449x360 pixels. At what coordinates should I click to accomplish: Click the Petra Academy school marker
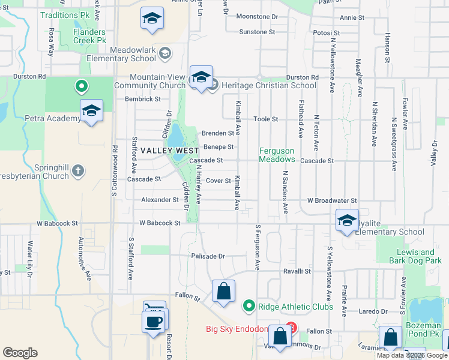click(x=91, y=112)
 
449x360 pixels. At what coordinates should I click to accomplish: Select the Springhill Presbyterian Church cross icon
click(x=77, y=172)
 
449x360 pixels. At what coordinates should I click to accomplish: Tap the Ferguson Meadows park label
click(x=277, y=155)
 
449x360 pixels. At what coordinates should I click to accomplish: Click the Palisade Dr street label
click(x=208, y=256)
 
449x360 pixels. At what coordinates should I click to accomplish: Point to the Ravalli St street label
click(x=297, y=271)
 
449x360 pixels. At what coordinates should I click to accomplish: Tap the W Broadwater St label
click(x=332, y=200)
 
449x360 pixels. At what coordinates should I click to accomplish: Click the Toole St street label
click(x=265, y=119)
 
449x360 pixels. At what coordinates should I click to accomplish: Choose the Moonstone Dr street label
click(x=258, y=17)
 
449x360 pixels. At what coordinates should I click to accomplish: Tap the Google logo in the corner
click(x=20, y=353)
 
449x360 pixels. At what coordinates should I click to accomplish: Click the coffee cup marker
click(x=152, y=320)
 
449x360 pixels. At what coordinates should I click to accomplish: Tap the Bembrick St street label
click(x=143, y=99)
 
